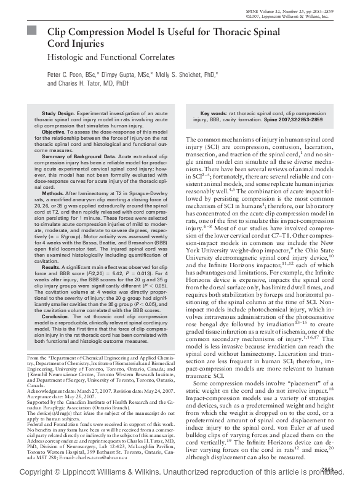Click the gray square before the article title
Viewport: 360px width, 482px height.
[x=31, y=30]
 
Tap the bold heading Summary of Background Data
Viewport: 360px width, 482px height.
[x=78, y=158]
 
